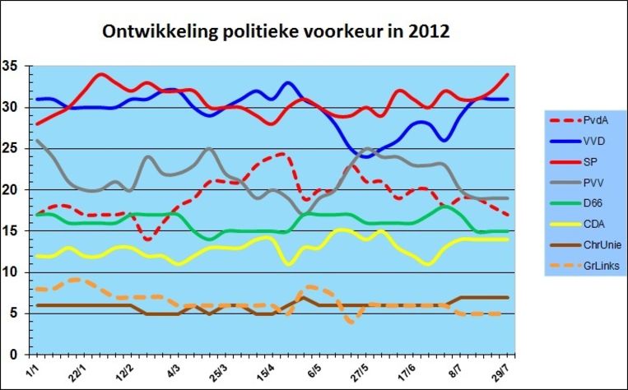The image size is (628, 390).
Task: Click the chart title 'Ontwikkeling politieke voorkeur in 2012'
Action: coord(275,32)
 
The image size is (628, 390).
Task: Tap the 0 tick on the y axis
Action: coord(14,355)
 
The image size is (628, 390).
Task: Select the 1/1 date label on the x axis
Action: coord(32,369)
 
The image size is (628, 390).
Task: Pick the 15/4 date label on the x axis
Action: coord(267,371)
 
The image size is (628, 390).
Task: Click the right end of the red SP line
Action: coord(507,75)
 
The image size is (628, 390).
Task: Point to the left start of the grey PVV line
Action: coord(36,141)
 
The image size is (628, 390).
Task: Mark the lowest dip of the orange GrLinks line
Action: coord(352,323)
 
